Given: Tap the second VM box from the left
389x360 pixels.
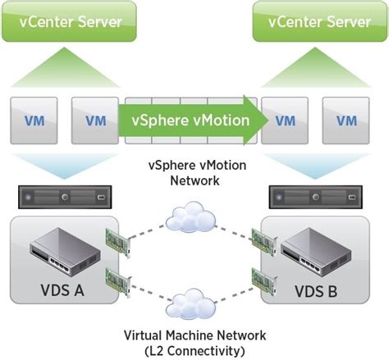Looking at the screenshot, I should coord(95,120).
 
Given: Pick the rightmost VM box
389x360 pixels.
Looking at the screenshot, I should coord(345,120).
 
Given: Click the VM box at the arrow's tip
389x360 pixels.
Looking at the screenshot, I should coord(285,120).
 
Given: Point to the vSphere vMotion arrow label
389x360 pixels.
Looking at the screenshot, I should coord(190,120).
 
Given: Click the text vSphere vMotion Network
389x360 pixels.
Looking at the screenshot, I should coord(194,173).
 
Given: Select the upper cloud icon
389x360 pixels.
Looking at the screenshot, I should coord(189,218).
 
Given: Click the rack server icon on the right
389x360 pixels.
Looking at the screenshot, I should coord(317,197).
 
